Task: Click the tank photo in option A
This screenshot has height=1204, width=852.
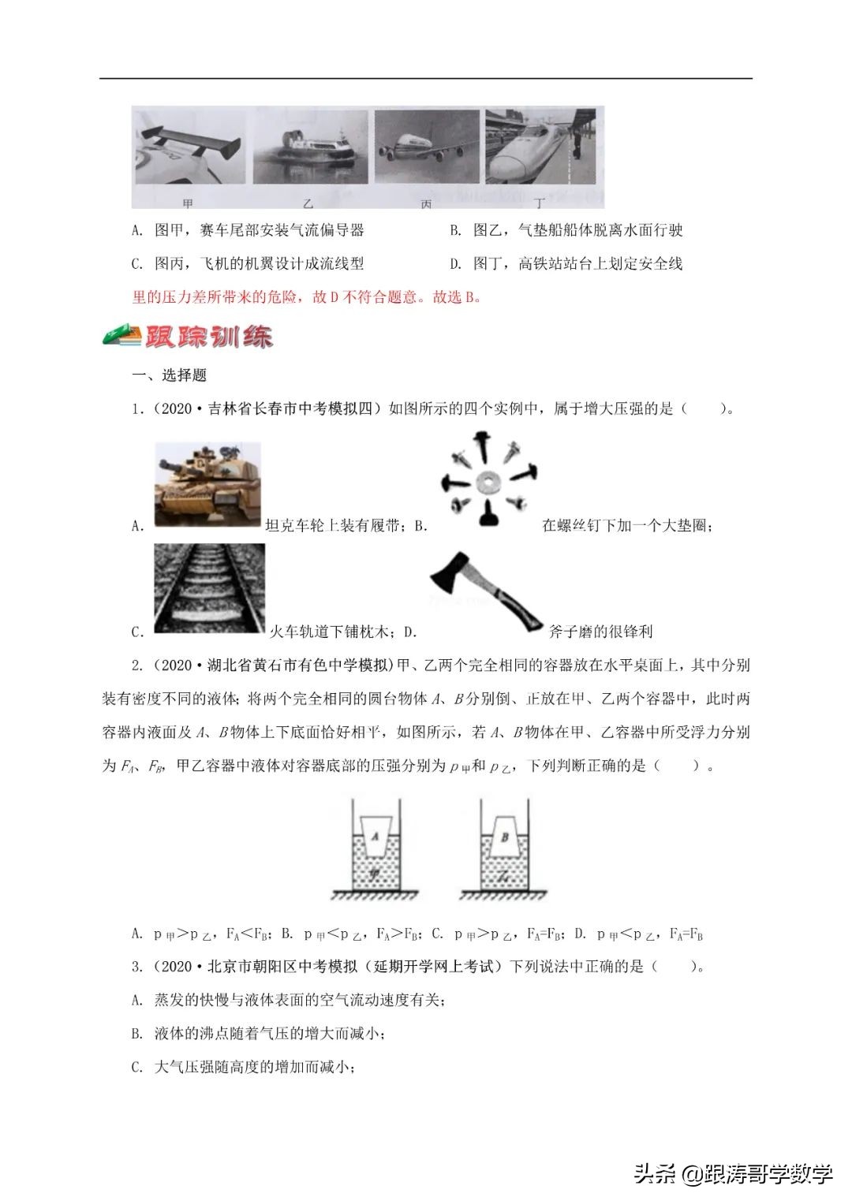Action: coord(207,486)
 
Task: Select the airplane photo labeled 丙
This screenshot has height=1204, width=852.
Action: coord(426,150)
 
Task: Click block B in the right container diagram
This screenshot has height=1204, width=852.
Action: coord(505,837)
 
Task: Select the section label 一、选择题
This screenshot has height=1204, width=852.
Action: coord(169,375)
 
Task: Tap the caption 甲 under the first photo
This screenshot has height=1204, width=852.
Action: coord(188,204)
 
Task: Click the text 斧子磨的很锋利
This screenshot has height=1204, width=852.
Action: coord(601,632)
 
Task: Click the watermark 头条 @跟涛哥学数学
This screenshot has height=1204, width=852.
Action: coord(733,1174)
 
